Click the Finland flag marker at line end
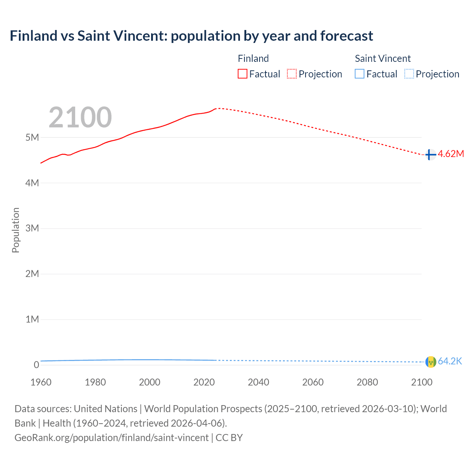[430, 154]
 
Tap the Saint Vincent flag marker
[430, 362]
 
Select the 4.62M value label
[451, 154]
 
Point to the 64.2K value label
[450, 361]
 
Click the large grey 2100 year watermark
[80, 117]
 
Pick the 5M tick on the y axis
[32, 137]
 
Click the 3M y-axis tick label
[32, 228]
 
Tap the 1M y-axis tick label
[32, 319]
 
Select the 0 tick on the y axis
[36, 365]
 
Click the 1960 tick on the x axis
[41, 382]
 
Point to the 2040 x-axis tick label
[258, 382]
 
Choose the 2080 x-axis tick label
[367, 382]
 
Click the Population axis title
[16, 230]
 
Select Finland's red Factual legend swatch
[243, 74]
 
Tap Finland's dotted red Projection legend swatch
[292, 74]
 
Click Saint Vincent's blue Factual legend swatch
[360, 74]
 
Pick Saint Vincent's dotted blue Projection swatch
[409, 74]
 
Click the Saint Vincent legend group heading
[383, 59]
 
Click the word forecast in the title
[347, 36]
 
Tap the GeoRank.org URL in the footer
[111, 438]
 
